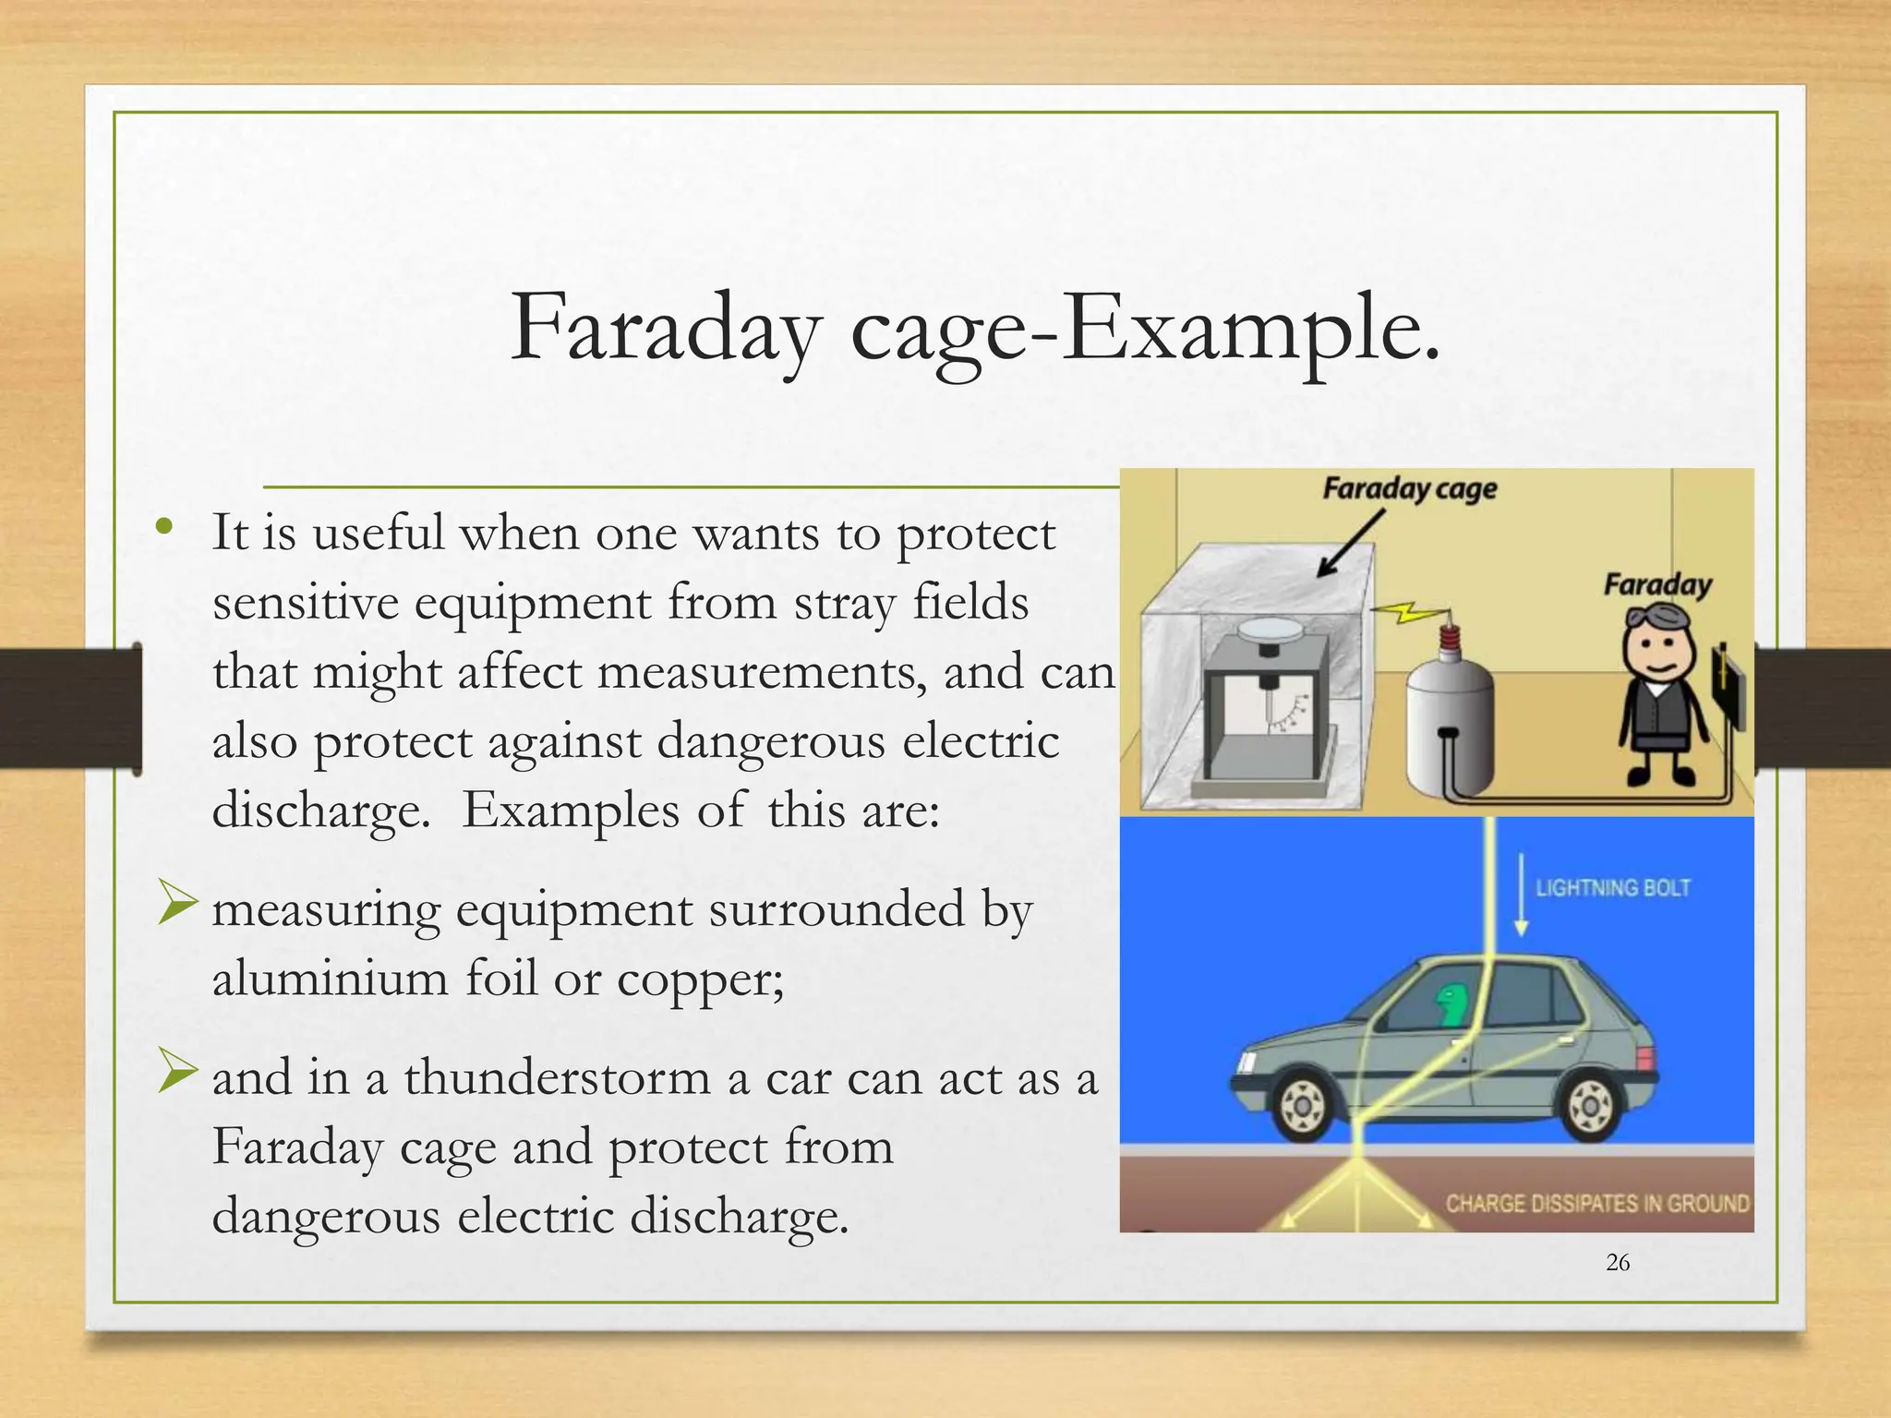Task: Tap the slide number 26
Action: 1618,1263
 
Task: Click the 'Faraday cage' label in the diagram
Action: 1409,488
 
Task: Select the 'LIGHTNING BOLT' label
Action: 1612,888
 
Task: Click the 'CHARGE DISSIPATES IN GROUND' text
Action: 1596,1204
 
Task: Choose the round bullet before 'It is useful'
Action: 164,527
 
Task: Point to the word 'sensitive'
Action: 305,603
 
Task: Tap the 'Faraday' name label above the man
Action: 1656,585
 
